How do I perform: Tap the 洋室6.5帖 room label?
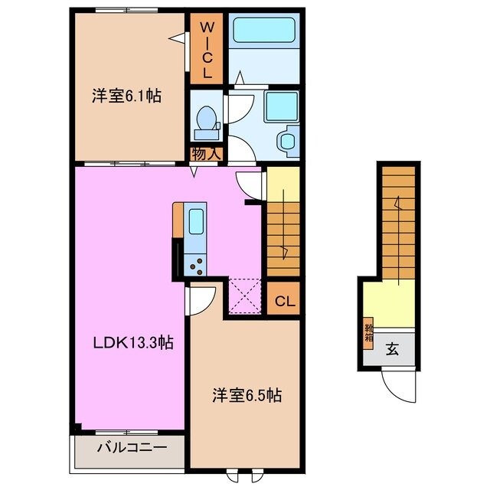(247, 396)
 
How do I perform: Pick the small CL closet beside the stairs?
(283, 299)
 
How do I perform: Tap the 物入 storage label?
(207, 153)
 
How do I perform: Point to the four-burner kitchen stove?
(195, 264)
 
